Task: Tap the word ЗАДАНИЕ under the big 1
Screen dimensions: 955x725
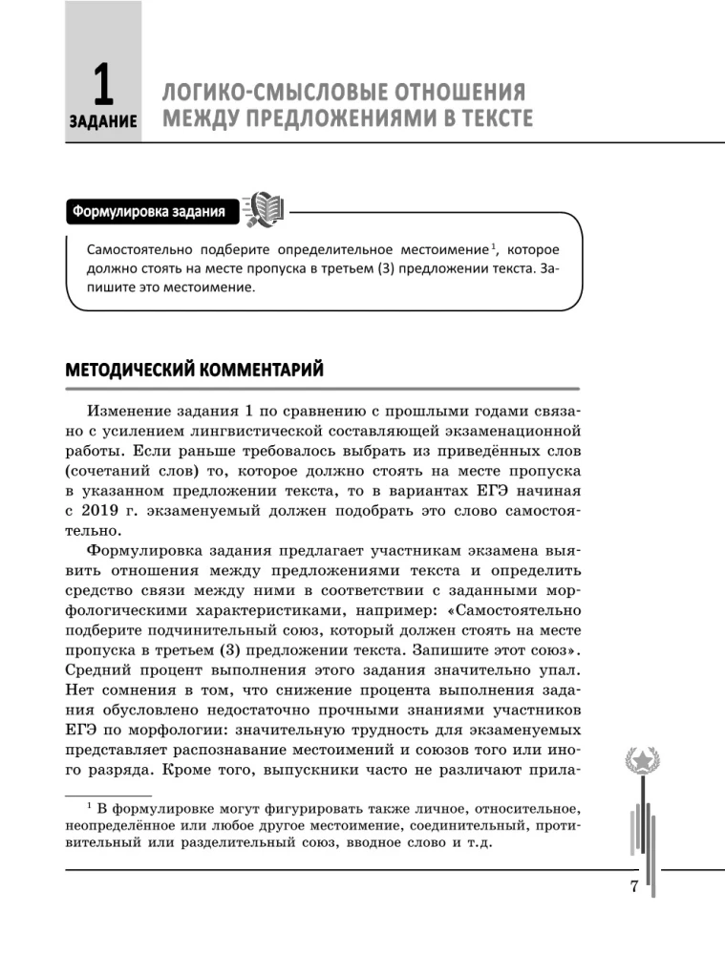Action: click(102, 123)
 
